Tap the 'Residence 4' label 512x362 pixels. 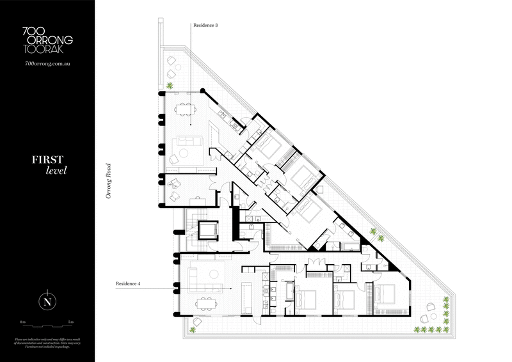pos(127,283)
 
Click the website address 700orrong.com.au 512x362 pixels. pos(47,64)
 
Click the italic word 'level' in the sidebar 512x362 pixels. pos(56,171)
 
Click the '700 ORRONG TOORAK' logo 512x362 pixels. pos(47,40)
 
